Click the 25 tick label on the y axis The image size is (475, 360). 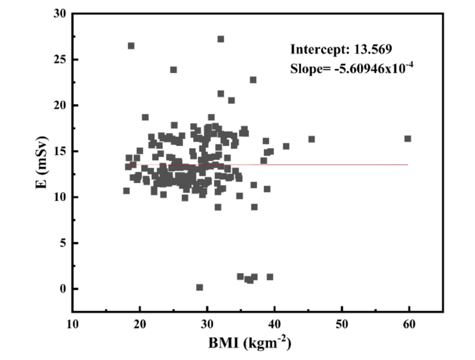click(x=59, y=60)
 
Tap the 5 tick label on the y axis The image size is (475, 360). click(x=62, y=243)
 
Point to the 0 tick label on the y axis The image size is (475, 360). click(x=62, y=289)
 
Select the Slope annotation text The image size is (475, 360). click(x=352, y=68)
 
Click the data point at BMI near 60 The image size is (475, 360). click(x=408, y=139)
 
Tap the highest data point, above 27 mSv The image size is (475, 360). click(x=221, y=39)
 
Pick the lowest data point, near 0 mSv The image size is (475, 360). click(x=199, y=287)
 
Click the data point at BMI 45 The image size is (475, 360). click(x=311, y=139)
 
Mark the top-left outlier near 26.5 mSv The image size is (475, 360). click(x=131, y=46)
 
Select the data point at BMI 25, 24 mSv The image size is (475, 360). click(x=173, y=70)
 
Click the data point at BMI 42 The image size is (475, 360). click(x=286, y=146)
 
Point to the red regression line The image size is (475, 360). click(x=337, y=165)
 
